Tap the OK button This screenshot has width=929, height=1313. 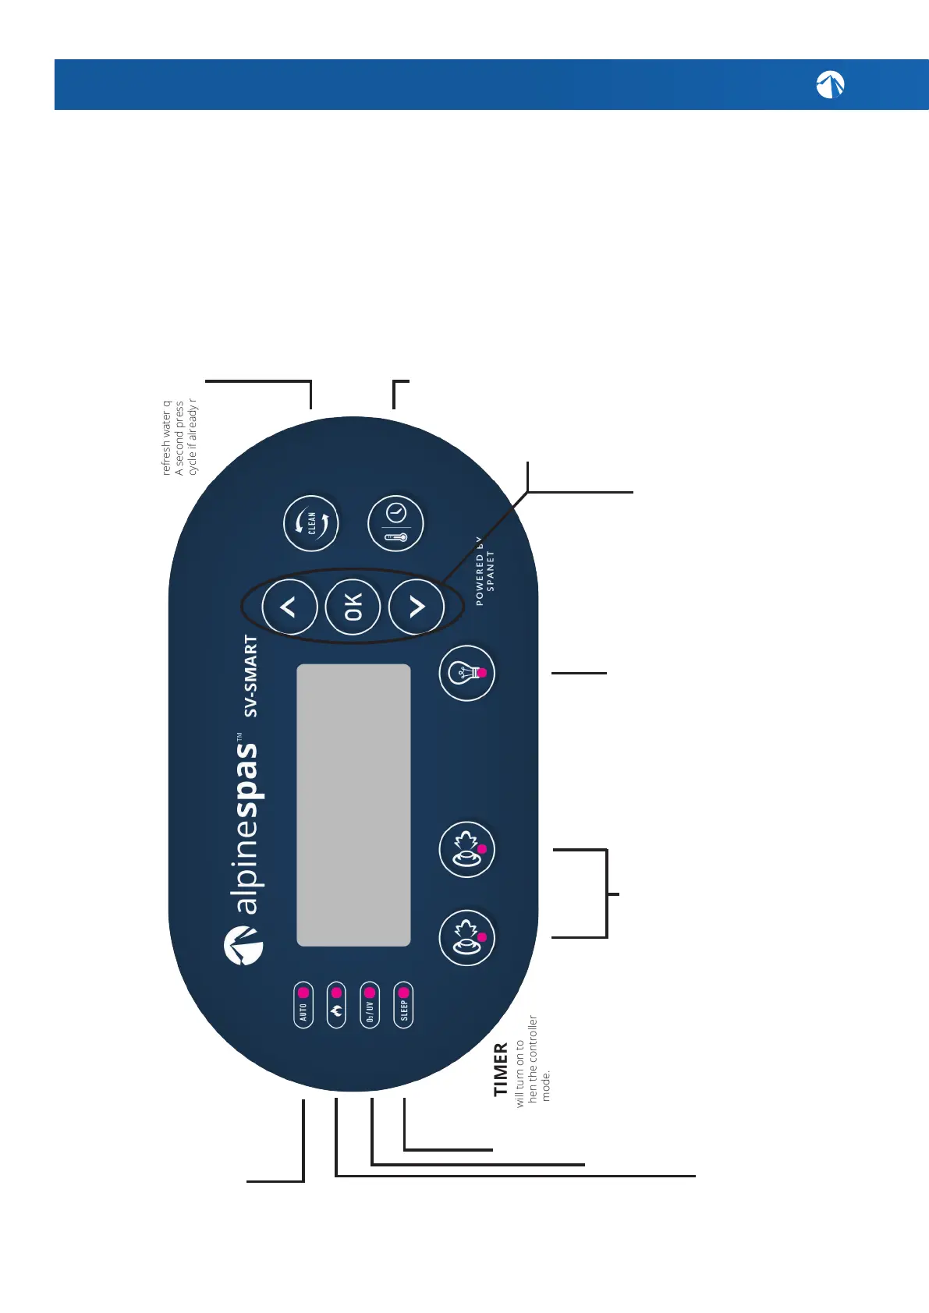353,607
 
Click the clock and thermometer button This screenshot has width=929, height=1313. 395,523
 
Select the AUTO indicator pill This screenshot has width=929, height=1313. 303,1005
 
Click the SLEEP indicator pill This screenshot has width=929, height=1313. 403,1005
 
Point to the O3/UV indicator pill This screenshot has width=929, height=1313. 370,1005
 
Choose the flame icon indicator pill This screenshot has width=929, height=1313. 336,1005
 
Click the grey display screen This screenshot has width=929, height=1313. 353,805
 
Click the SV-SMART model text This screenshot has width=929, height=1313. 250,676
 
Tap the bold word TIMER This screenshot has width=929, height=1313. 501,1069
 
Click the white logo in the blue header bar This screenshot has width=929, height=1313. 830,84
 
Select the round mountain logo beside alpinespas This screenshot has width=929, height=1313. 243,945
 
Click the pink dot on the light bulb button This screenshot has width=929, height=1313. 482,672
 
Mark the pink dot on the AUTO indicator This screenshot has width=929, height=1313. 303,993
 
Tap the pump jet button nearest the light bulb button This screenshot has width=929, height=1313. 467,849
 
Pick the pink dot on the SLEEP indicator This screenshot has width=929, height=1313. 403,993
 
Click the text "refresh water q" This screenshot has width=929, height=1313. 166,438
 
